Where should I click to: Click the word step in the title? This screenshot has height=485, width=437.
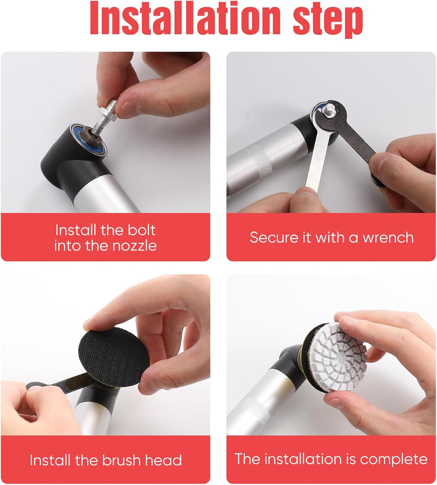click(x=328, y=20)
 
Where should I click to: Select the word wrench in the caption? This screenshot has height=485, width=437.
click(x=388, y=238)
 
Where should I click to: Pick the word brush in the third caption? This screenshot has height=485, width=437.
click(x=122, y=460)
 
